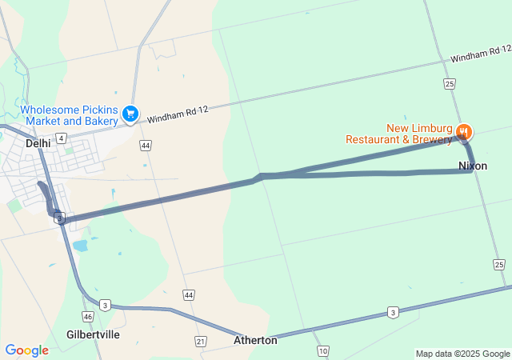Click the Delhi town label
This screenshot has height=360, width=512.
[38, 143]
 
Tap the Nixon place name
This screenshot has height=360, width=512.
[473, 166]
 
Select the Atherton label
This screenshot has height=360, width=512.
[255, 340]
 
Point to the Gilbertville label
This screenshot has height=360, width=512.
[94, 334]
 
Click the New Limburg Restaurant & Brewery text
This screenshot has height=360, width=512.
[398, 134]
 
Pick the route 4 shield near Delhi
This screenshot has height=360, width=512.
[62, 138]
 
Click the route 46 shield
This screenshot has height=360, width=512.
[87, 317]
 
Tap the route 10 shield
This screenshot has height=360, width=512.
[322, 351]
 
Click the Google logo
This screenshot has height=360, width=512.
[26, 350]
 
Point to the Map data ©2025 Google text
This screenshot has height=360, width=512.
[462, 354]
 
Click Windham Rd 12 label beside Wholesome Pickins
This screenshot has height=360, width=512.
[177, 114]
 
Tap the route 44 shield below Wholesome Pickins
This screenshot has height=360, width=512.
[145, 146]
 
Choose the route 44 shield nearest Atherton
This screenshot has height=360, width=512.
[188, 295]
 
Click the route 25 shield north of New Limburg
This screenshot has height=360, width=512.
[450, 83]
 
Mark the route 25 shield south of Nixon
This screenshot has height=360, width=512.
[499, 264]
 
